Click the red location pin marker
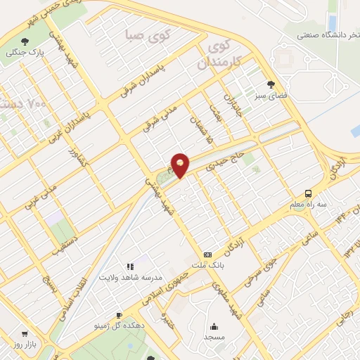pos(180,165)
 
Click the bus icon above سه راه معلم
pos(308,193)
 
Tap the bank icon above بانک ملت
pos(207,255)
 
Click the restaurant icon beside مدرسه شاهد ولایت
pos(130,266)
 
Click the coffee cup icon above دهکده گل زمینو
pos(118,315)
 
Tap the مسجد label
pos(214,338)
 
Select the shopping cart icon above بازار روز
pos(25,334)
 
